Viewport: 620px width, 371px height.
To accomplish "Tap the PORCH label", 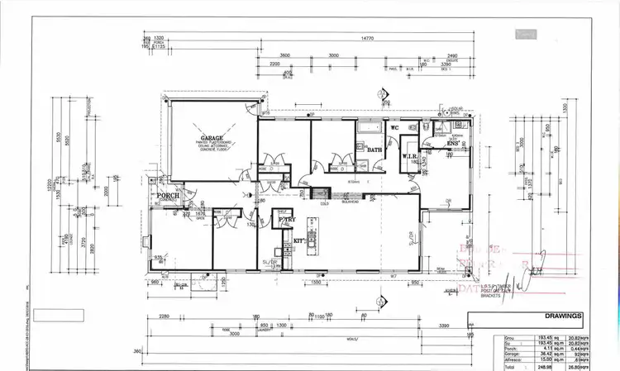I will [x=168, y=196].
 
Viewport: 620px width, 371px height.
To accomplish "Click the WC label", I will [x=395, y=128].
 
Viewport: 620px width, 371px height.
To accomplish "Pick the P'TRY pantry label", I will [x=287, y=220].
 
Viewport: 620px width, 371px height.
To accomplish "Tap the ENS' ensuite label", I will [x=453, y=145].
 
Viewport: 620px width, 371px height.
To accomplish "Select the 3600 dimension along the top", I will [x=284, y=55].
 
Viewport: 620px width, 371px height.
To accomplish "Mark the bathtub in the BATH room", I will [x=366, y=130].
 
